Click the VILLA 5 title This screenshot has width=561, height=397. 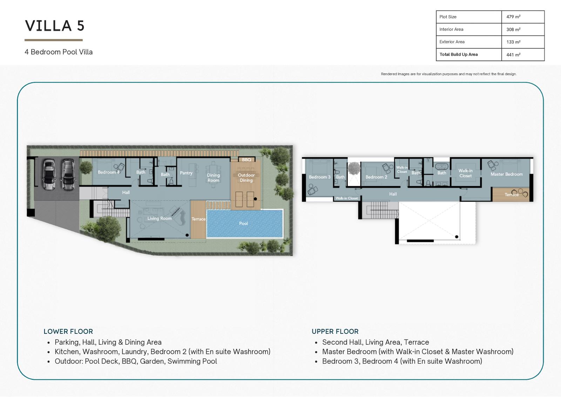pyautogui.click(x=55, y=26)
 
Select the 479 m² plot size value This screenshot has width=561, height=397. pyautogui.click(x=513, y=17)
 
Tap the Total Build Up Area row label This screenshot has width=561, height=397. pyautogui.click(x=458, y=54)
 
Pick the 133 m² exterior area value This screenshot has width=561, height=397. pyautogui.click(x=513, y=42)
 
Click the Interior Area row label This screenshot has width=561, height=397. pyautogui.click(x=451, y=29)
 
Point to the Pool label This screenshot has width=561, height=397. pyautogui.click(x=243, y=223)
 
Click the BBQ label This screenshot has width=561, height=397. pyautogui.click(x=246, y=160)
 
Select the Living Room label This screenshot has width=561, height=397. pyautogui.click(x=159, y=218)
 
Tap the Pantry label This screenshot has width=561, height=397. pyautogui.click(x=186, y=173)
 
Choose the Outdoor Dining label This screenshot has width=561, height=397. pyautogui.click(x=246, y=177)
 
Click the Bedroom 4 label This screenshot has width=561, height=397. pyautogui.click(x=109, y=172)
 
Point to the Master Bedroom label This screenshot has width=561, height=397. pyautogui.click(x=506, y=174)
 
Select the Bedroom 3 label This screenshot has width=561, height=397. pyautogui.click(x=319, y=177)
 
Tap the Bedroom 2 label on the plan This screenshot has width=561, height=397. pyautogui.click(x=376, y=177)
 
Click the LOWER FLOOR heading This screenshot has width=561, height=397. pyautogui.click(x=68, y=331)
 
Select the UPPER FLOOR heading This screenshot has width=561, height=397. pyautogui.click(x=335, y=331)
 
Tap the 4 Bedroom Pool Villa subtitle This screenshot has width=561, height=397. pyautogui.click(x=59, y=52)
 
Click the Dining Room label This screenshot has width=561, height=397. pyautogui.click(x=214, y=178)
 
